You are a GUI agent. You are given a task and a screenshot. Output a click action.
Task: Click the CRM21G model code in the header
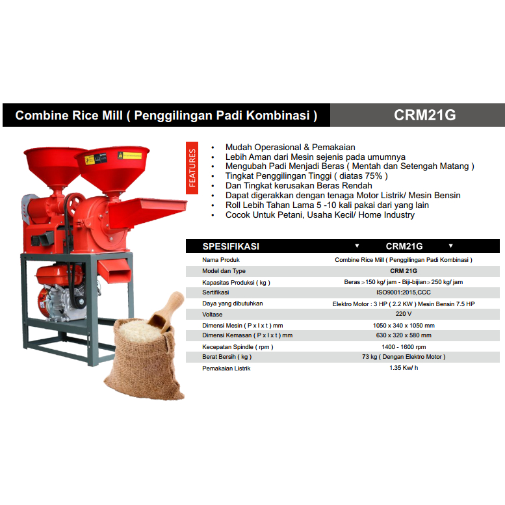pyautogui.click(x=425, y=115)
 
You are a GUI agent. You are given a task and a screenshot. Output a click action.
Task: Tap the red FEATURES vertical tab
pyautogui.click(x=192, y=168)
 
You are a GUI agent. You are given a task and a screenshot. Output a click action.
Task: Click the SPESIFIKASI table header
pyautogui.click(x=231, y=246)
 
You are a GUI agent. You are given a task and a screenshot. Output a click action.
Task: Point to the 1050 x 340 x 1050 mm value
pyautogui.click(x=403, y=325)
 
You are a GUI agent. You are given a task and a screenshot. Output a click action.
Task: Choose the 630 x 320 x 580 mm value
pyautogui.click(x=403, y=335)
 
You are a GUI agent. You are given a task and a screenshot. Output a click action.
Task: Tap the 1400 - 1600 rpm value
pyautogui.click(x=403, y=346)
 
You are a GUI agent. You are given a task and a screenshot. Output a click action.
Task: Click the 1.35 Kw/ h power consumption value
pyautogui.click(x=403, y=369)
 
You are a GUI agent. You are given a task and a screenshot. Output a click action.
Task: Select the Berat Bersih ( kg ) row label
pyautogui.click(x=227, y=357)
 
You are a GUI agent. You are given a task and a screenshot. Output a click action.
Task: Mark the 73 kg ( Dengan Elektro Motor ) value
pyautogui.click(x=403, y=357)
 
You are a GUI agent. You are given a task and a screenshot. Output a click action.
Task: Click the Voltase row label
pyautogui.click(x=213, y=314)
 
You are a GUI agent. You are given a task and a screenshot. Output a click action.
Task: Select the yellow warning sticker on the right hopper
pyautogui.click(x=129, y=156)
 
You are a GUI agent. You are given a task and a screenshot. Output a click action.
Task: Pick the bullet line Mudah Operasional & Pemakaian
pyautogui.click(x=290, y=148)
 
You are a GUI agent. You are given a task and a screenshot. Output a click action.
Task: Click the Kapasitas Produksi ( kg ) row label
pyautogui.click(x=236, y=282)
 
